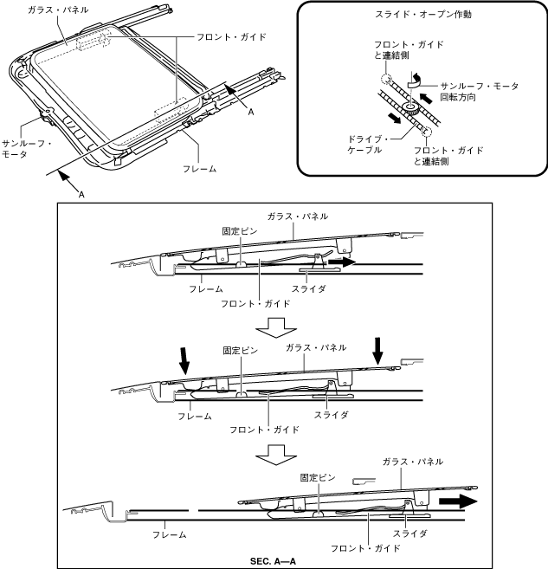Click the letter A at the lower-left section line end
point(81,195)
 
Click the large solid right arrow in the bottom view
point(460,501)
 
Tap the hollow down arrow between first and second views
point(274,326)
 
